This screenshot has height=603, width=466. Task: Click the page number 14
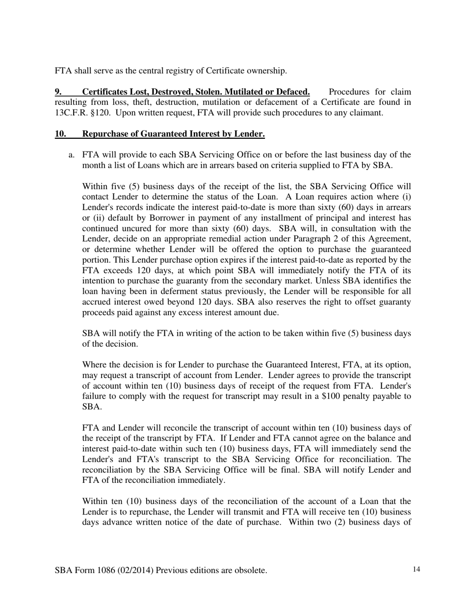(x=416, y=569)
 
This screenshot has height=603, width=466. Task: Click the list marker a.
(x=72, y=155)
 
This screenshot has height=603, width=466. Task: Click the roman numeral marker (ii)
(x=88, y=218)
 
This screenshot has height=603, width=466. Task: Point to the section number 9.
(x=58, y=92)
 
